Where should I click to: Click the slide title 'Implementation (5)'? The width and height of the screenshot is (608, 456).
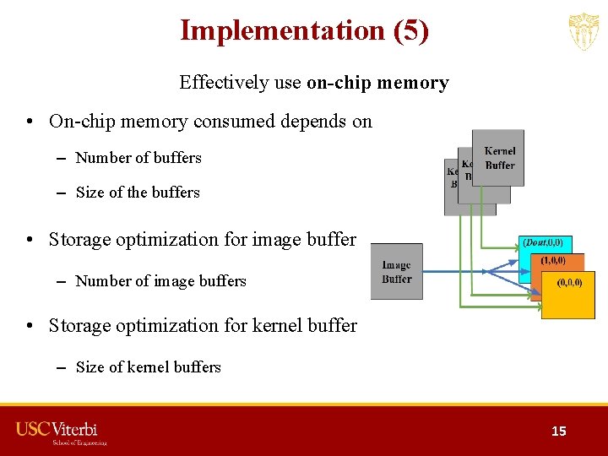[304, 30]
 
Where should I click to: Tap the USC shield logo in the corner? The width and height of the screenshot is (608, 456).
[584, 32]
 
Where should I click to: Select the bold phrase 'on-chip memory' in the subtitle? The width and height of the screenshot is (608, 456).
[377, 83]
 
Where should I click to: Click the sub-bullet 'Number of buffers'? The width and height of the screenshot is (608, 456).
[138, 158]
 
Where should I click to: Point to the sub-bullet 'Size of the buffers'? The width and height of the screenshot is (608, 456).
[138, 193]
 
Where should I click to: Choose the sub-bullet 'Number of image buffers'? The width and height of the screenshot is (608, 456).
[160, 281]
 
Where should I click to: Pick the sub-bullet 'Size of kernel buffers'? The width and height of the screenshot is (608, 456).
[148, 367]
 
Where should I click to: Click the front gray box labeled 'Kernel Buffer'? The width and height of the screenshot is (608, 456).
[499, 158]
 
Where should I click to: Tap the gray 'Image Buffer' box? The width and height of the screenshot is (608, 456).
[396, 272]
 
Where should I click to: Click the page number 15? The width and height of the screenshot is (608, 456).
[559, 432]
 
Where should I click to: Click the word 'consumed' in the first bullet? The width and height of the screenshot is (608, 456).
[231, 122]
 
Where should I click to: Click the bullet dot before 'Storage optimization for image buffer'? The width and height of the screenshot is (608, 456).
[30, 240]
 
